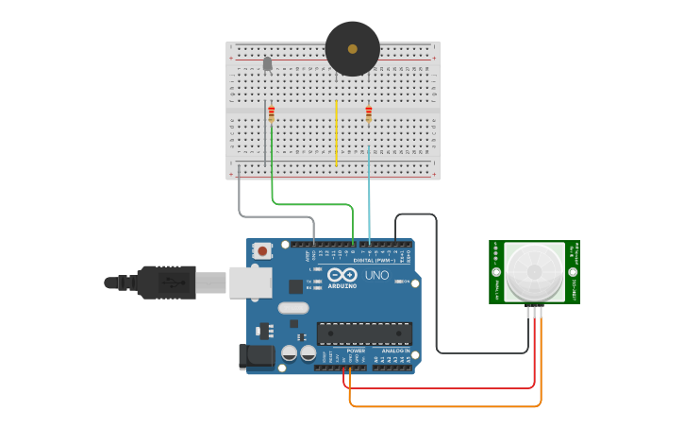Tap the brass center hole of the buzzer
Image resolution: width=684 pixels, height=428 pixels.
point(353,49)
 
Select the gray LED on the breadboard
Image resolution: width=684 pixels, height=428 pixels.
point(267,64)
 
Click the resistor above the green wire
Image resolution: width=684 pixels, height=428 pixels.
point(272,114)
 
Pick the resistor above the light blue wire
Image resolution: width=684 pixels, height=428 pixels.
point(369,114)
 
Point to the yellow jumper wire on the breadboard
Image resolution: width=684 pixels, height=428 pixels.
point(336,132)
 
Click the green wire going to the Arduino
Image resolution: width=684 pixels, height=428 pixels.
point(311,203)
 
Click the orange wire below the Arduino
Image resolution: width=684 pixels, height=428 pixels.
point(443,407)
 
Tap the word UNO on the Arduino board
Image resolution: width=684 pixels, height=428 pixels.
point(377,275)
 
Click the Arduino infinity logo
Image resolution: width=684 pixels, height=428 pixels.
point(342,274)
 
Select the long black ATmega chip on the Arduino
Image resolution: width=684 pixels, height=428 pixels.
point(364,333)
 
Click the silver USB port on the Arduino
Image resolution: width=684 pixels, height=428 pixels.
point(250,282)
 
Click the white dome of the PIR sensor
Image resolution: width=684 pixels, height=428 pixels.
point(534,272)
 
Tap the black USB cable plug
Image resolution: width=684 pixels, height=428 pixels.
point(166,282)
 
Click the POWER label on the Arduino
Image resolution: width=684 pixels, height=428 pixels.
point(356,351)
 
